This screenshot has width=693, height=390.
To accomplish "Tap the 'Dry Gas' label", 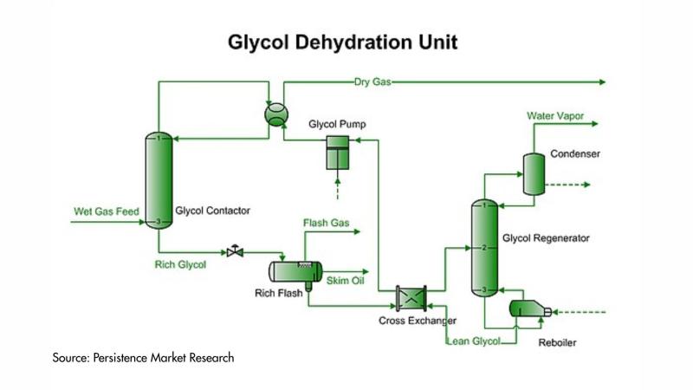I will (372, 82).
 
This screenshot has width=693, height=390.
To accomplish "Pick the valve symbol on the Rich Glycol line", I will (235, 252).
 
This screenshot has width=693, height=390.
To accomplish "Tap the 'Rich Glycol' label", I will (180, 264).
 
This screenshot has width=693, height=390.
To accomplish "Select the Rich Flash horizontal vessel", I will (293, 270).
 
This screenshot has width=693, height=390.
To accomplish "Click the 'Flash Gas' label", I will (327, 224).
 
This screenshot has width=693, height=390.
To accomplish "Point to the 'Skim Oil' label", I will (345, 281).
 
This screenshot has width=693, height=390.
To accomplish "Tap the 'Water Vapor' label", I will (557, 115).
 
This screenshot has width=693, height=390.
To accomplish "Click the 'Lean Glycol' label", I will (474, 341).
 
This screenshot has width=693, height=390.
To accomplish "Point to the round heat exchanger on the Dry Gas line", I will (275, 115).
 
